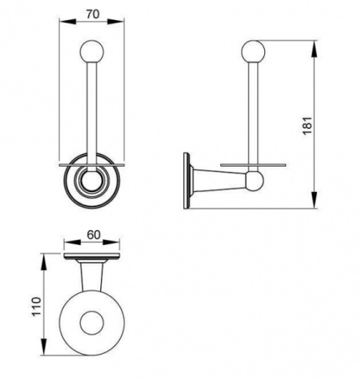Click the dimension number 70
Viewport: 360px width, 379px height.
pyautogui.click(x=93, y=13)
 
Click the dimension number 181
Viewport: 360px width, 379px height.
pyautogui.click(x=308, y=125)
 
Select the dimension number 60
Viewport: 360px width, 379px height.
pyautogui.click(x=93, y=235)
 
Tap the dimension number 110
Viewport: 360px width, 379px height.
pyautogui.click(x=36, y=307)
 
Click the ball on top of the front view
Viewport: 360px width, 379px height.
pyautogui.click(x=92, y=52)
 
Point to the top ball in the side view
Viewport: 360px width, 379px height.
pyautogui.click(x=252, y=52)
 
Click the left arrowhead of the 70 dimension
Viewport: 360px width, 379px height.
pyautogui.click(x=67, y=21)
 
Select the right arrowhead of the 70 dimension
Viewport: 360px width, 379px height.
pyautogui.click(x=116, y=21)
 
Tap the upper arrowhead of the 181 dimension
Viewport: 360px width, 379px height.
pyautogui.click(x=315, y=49)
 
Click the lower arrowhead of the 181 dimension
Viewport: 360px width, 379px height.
pyautogui.click(x=315, y=200)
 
